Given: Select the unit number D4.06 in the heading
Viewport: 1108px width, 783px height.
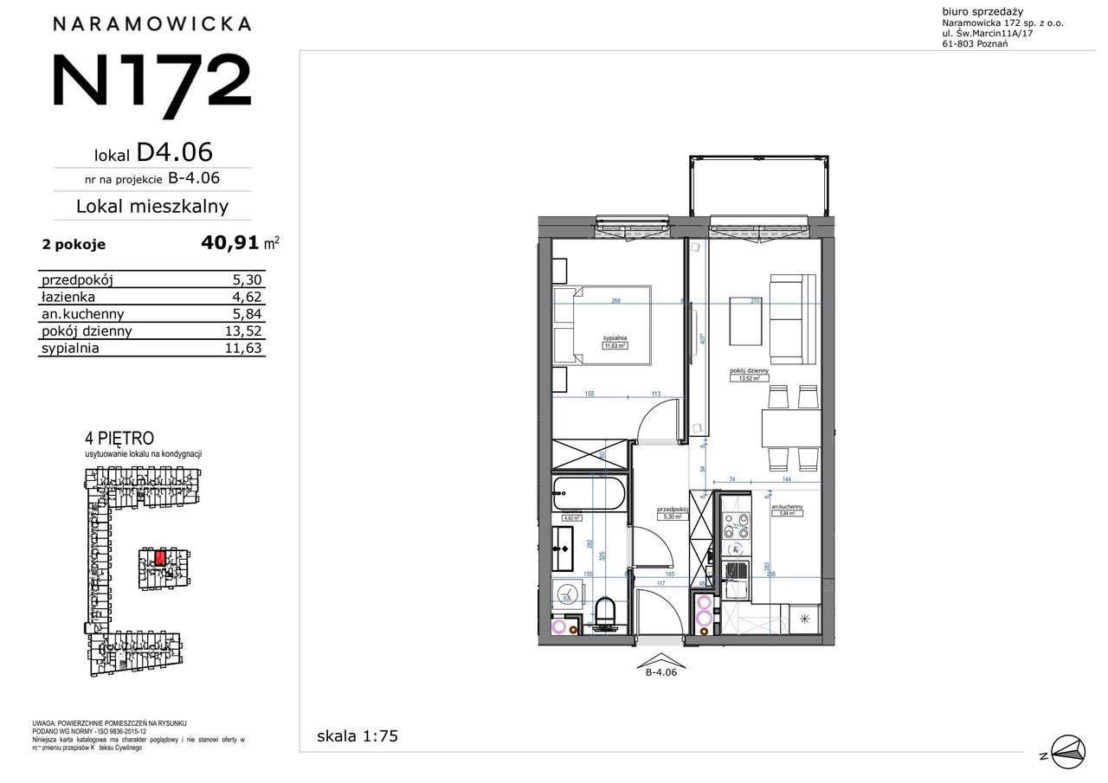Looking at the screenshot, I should [174, 152].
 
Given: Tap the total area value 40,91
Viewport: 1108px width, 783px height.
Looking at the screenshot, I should [229, 243].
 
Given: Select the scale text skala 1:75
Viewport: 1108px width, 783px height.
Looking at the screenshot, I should [358, 736].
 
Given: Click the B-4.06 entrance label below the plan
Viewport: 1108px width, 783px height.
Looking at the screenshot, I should [660, 678].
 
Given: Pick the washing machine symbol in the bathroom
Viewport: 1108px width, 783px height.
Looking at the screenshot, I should [567, 594].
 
